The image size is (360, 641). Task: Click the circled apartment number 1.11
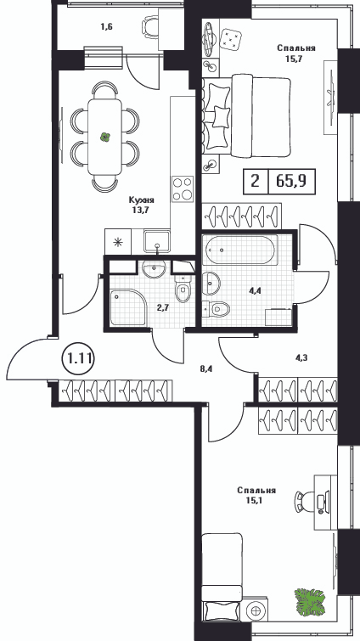(x=79, y=359)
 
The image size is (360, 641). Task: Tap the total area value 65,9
(x=291, y=181)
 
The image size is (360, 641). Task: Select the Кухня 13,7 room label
(x=142, y=205)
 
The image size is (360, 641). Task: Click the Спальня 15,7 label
(x=296, y=53)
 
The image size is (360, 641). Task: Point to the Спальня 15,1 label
(x=256, y=495)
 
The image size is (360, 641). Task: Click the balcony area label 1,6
(x=107, y=27)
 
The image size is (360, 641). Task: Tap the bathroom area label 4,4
(x=256, y=290)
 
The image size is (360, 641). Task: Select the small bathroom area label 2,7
(x=163, y=307)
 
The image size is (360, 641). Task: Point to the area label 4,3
(x=301, y=357)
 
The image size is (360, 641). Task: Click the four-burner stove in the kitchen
(x=183, y=188)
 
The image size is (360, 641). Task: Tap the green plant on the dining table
(x=105, y=137)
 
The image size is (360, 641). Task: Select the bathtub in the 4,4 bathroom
(x=240, y=250)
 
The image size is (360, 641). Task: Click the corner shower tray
(x=127, y=307)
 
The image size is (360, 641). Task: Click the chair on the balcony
(x=150, y=27)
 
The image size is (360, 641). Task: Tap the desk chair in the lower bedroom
(x=304, y=502)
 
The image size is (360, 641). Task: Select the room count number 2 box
(x=256, y=181)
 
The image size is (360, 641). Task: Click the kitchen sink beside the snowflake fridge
(x=156, y=241)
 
